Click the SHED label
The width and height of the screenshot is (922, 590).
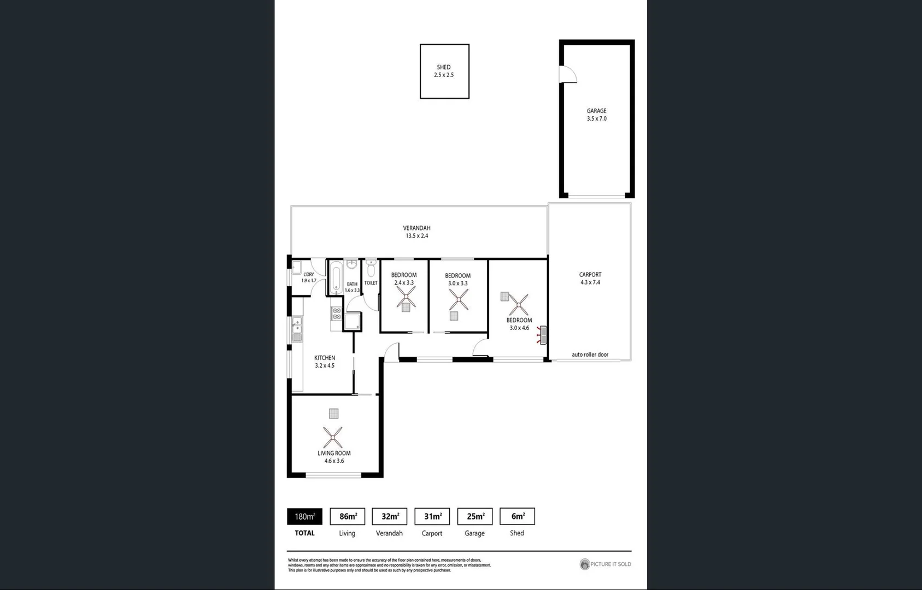[x=444, y=67]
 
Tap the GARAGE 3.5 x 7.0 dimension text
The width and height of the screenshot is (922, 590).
[x=596, y=119]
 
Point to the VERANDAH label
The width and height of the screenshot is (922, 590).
[x=416, y=228]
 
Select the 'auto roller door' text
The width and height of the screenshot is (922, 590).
[x=590, y=355]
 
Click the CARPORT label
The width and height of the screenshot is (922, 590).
[x=590, y=275]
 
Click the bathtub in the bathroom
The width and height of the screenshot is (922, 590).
[x=336, y=278]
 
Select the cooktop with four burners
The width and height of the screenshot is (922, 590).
[x=337, y=314]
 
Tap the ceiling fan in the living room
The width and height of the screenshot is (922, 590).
[x=332, y=437]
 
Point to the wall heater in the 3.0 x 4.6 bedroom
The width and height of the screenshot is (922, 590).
[x=542, y=334]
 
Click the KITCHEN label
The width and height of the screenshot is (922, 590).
[x=325, y=358]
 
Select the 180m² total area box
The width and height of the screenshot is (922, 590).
[x=304, y=516]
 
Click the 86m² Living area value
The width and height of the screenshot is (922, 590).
[x=348, y=516]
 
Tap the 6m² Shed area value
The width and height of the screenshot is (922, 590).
[x=517, y=516]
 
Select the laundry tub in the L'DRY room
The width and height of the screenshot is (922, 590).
[x=296, y=267]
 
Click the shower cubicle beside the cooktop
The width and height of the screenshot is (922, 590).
[x=352, y=321]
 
